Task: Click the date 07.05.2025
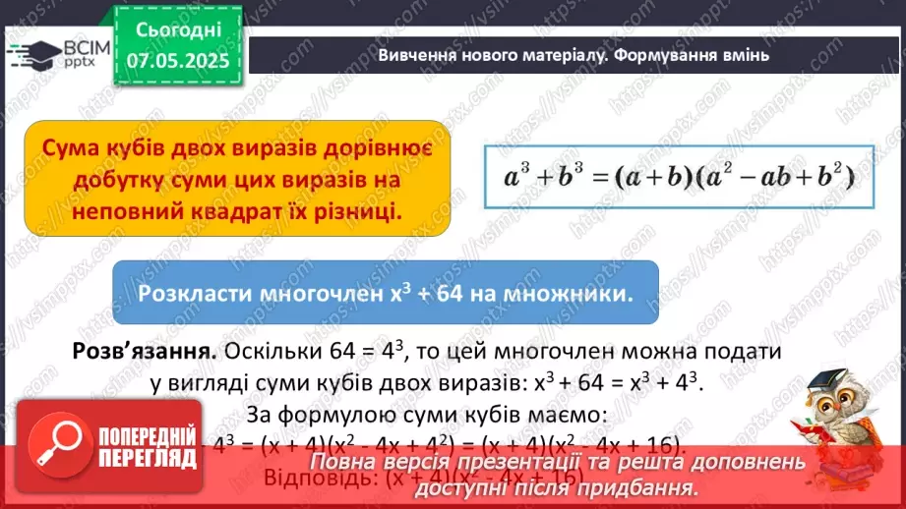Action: coord(178,59)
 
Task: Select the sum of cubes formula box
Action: coord(677,177)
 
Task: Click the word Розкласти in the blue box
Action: coord(194,294)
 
